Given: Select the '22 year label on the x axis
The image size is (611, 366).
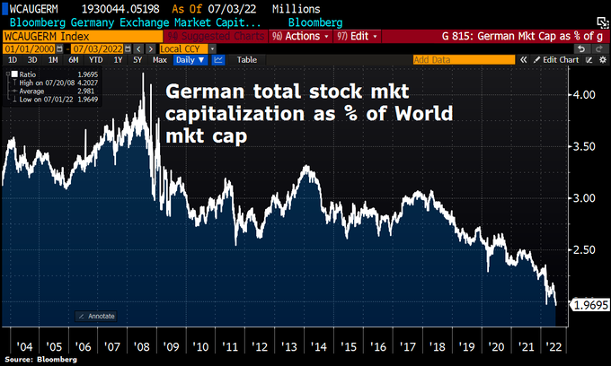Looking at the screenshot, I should click(x=556, y=344).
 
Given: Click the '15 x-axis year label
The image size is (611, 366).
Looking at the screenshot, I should click(x=350, y=344).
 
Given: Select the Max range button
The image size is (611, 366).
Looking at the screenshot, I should click(x=160, y=59).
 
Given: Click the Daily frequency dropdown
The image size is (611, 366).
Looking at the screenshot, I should click(x=190, y=59).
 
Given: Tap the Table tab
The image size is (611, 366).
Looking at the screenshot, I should click(x=246, y=59).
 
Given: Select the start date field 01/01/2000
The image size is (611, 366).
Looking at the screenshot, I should click(x=28, y=48).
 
